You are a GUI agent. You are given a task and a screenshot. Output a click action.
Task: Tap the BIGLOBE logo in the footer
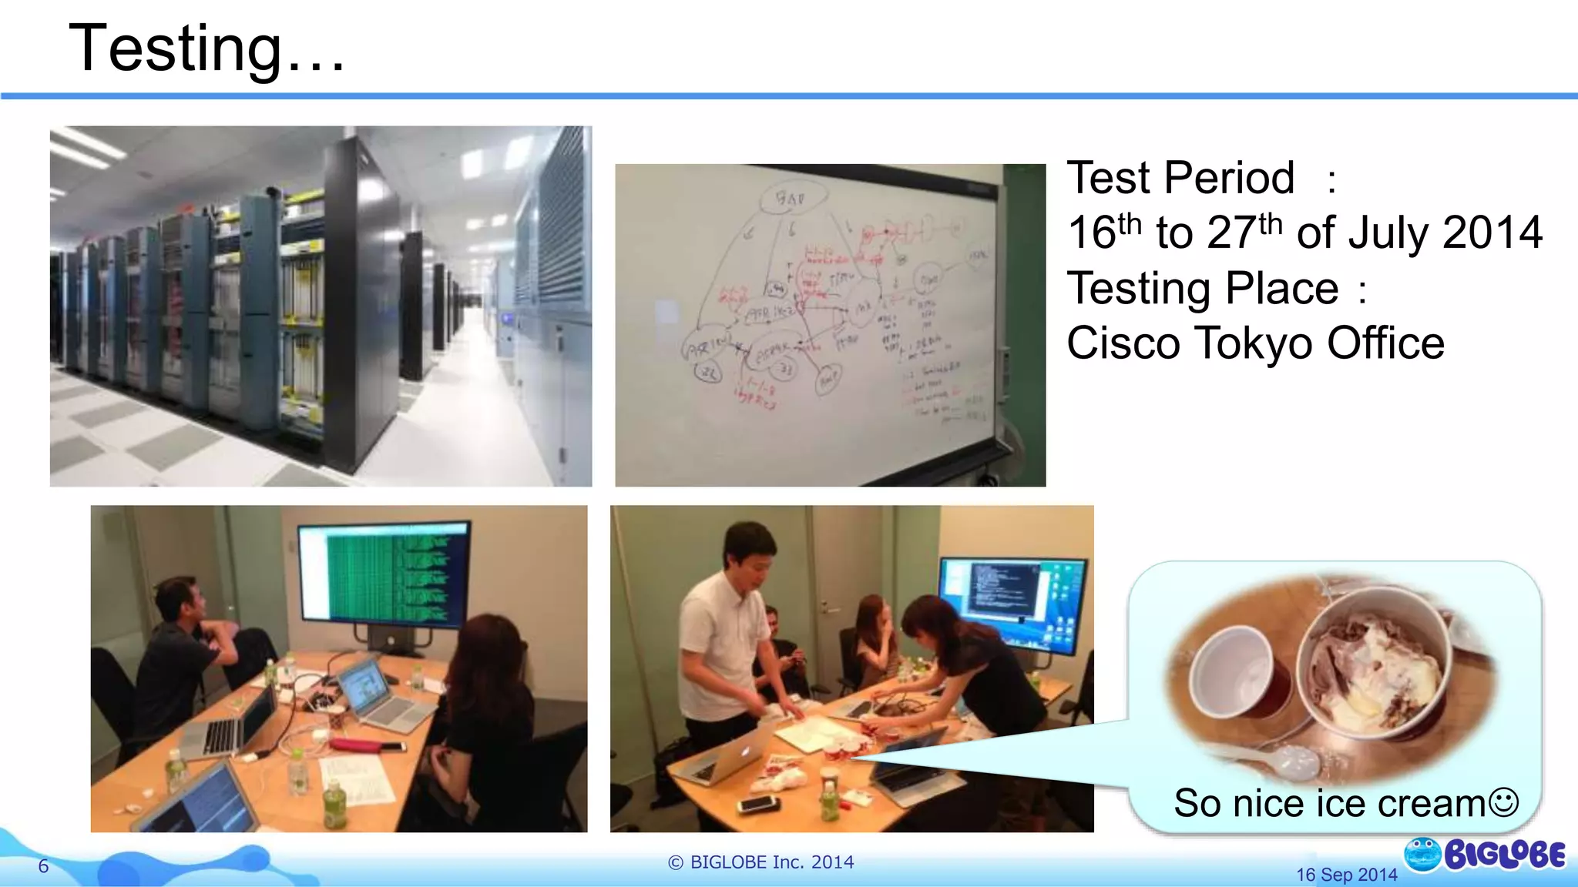click(1486, 855)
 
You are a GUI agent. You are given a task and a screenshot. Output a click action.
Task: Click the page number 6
click(44, 866)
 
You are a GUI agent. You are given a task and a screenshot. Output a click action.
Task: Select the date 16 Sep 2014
click(1346, 875)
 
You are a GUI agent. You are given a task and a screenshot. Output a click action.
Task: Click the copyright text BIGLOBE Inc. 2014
click(761, 862)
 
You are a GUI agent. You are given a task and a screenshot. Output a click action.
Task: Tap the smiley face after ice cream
click(1503, 802)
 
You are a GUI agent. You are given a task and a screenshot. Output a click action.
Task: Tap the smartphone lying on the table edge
click(759, 804)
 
